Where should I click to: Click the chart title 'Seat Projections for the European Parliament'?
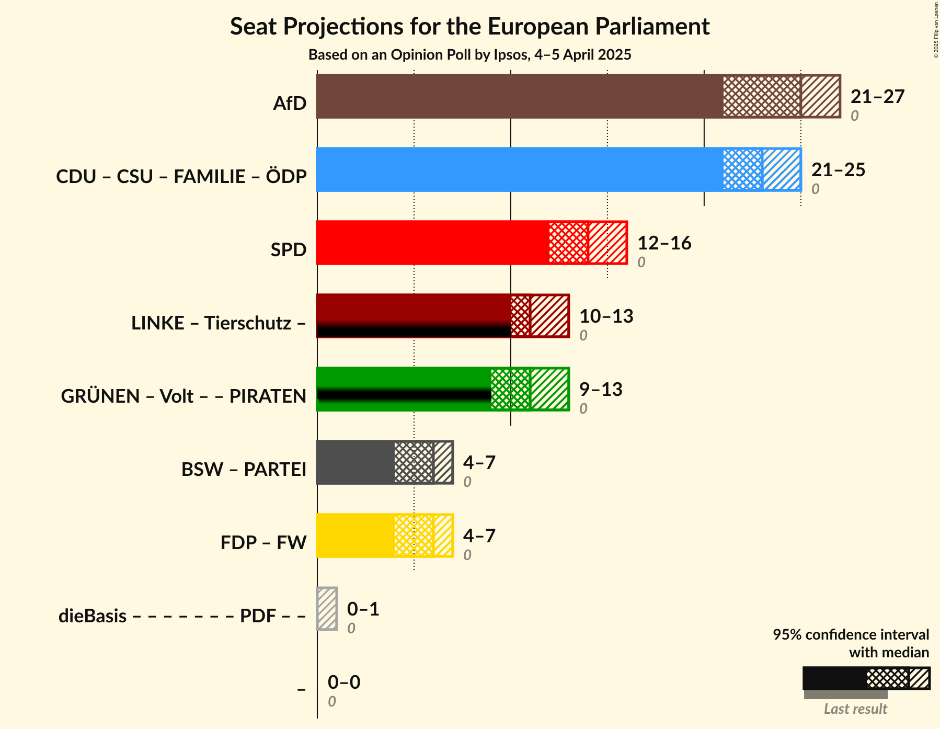coord(469,26)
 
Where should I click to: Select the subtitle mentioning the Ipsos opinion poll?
coord(469,55)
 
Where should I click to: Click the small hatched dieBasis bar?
coord(327,609)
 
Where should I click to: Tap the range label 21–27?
coord(877,97)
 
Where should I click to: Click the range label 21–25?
coord(838,170)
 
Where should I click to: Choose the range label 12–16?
coord(664,243)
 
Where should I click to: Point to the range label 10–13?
coord(606,316)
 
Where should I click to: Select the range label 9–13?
coord(601,390)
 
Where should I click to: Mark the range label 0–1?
coord(363,609)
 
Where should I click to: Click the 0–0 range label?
coord(344,682)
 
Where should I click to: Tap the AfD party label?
coord(290,104)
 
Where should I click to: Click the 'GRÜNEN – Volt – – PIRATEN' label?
coord(184,396)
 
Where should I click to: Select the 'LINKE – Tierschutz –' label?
coord(219,323)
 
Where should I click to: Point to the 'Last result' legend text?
coord(855,709)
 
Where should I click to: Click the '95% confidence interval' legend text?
coord(851,635)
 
